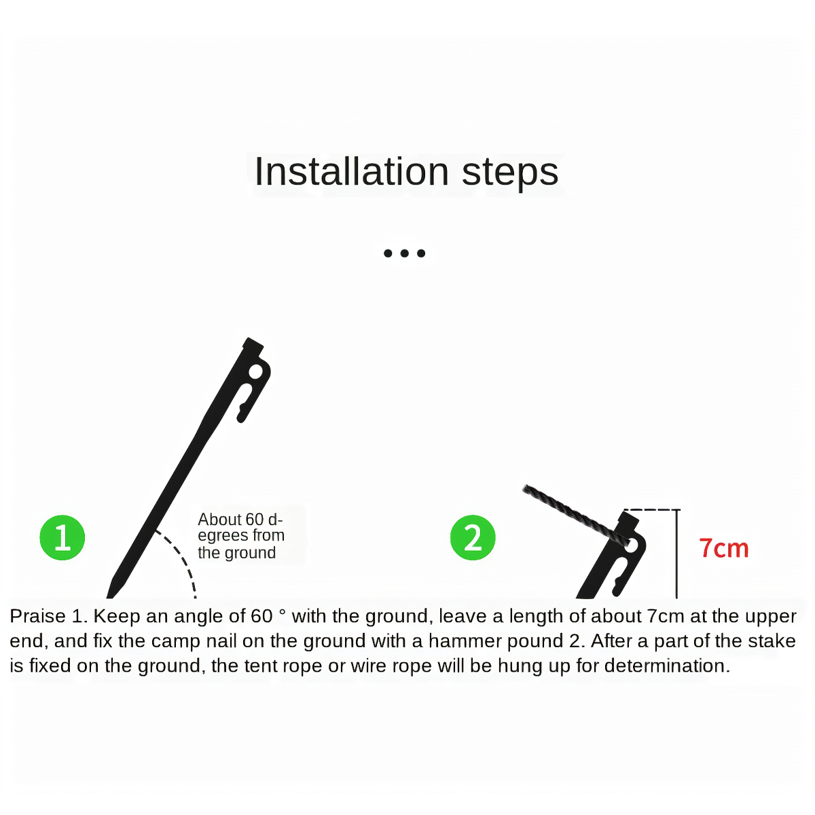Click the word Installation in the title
tap(351, 171)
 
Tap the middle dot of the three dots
tap(404, 253)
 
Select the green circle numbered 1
tap(62, 537)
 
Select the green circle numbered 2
tap(473, 537)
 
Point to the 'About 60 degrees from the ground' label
tap(241, 535)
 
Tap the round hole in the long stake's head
tap(255, 372)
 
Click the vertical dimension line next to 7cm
tap(676, 554)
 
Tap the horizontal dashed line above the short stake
tap(651, 509)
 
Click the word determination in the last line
tap(667, 666)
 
